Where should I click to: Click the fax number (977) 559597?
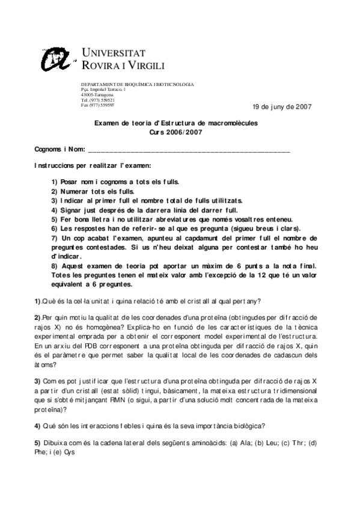[97, 105]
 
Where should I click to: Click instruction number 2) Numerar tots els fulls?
[93, 191]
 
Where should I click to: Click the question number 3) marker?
[37, 381]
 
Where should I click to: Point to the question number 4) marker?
[37, 426]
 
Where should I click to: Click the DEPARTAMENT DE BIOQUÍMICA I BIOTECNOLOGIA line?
[137, 84]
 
